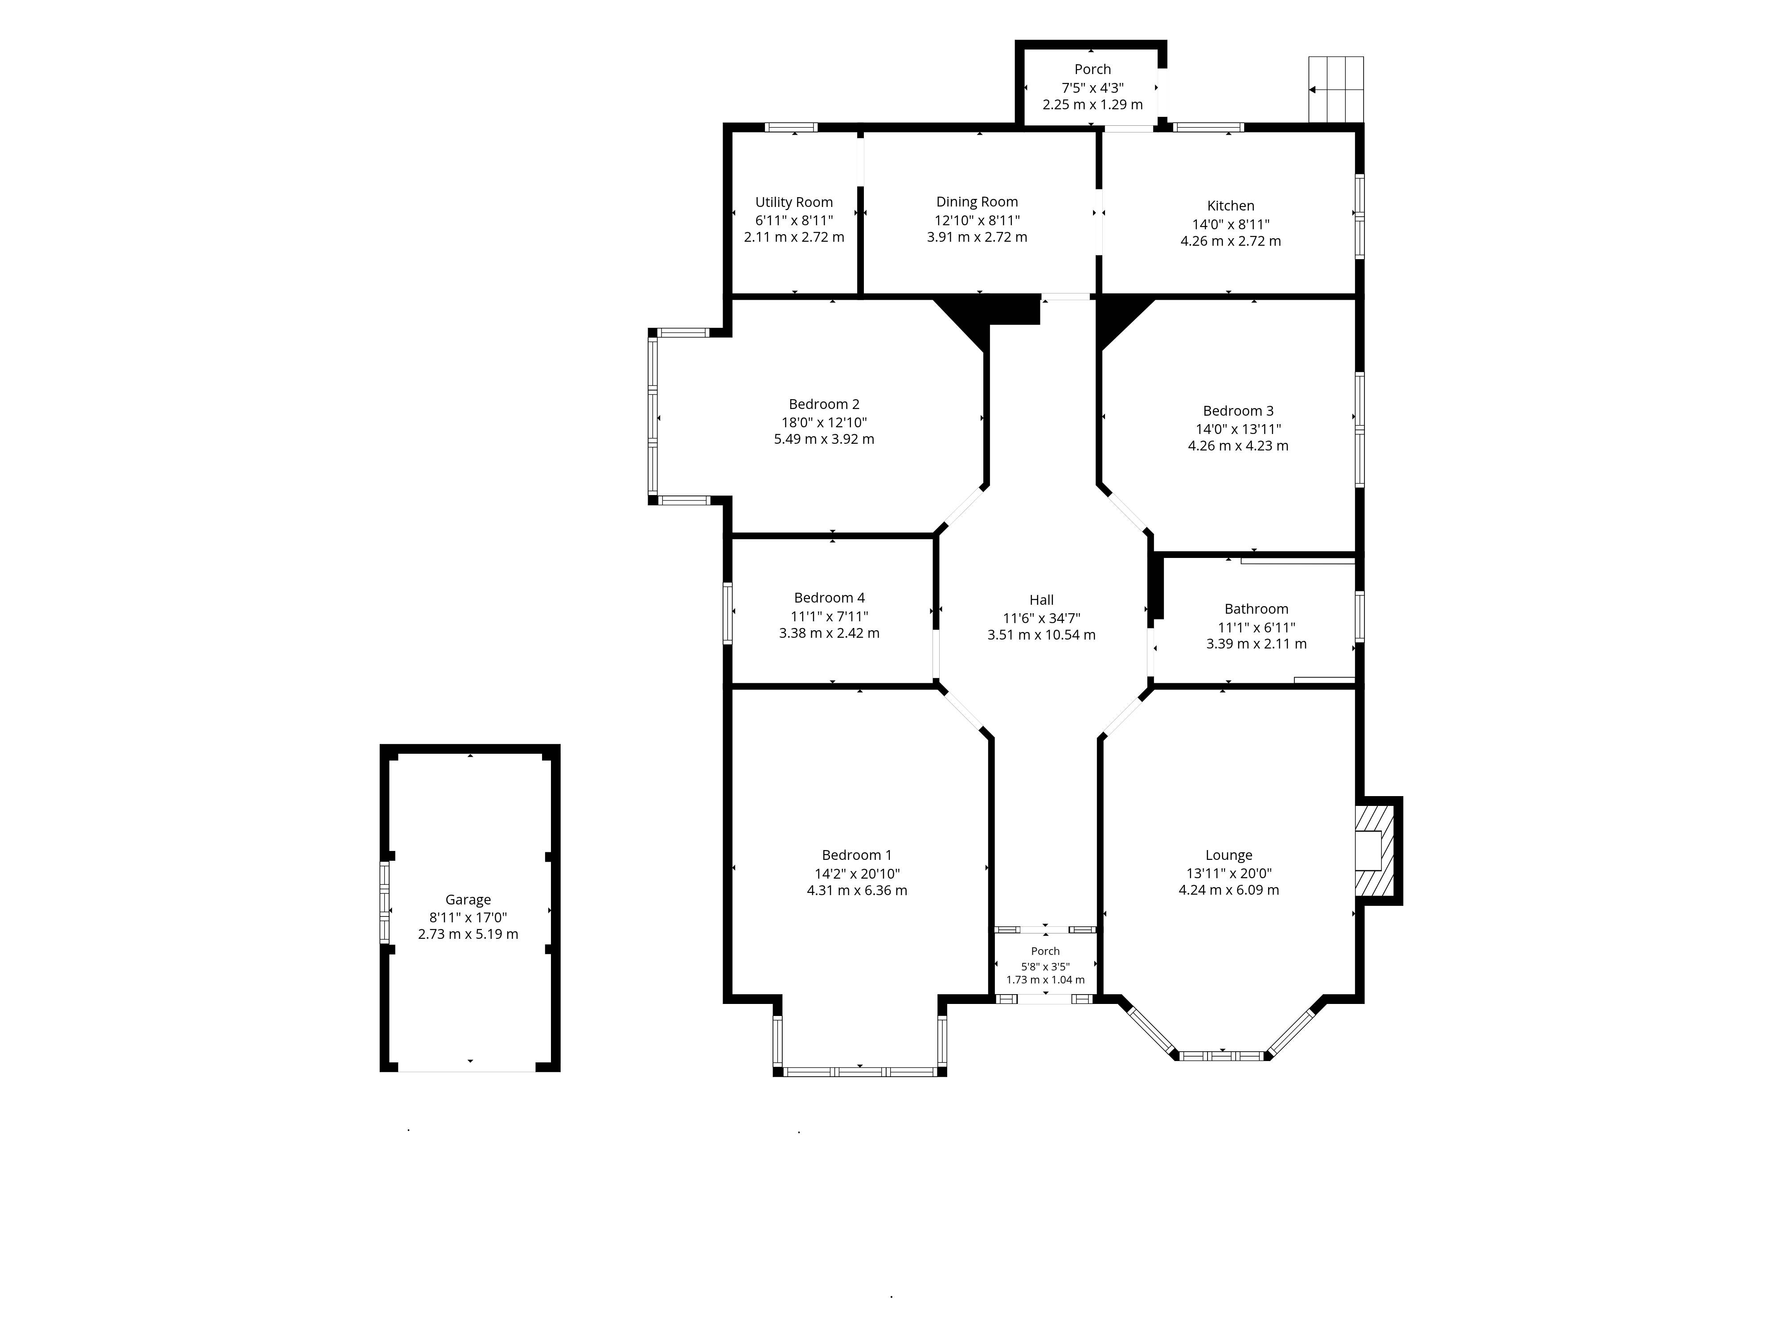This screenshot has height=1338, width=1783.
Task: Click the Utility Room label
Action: pos(794,202)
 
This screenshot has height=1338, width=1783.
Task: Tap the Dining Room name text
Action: pos(977,202)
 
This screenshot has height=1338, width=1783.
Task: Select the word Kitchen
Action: pos(1231,206)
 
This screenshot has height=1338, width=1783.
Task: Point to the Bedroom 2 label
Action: pos(824,404)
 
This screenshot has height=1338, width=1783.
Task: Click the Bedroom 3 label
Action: pos(1238,410)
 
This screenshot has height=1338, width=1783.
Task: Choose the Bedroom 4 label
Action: pos(830,598)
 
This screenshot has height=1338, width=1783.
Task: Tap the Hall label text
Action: pos(1041,600)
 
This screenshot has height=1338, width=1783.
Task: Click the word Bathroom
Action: pos(1257,609)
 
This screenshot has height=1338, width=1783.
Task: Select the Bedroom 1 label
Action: pos(857,855)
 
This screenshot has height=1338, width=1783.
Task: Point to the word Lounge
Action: pos(1229,855)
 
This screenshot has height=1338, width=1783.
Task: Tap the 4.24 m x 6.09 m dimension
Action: pos(1229,890)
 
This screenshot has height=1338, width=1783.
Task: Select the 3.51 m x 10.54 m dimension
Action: pos(1041,635)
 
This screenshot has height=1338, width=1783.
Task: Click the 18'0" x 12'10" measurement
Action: pos(824,422)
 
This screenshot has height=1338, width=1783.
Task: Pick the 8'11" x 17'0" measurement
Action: pos(468,917)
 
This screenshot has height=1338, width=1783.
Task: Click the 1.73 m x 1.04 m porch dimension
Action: pos(1045,980)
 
